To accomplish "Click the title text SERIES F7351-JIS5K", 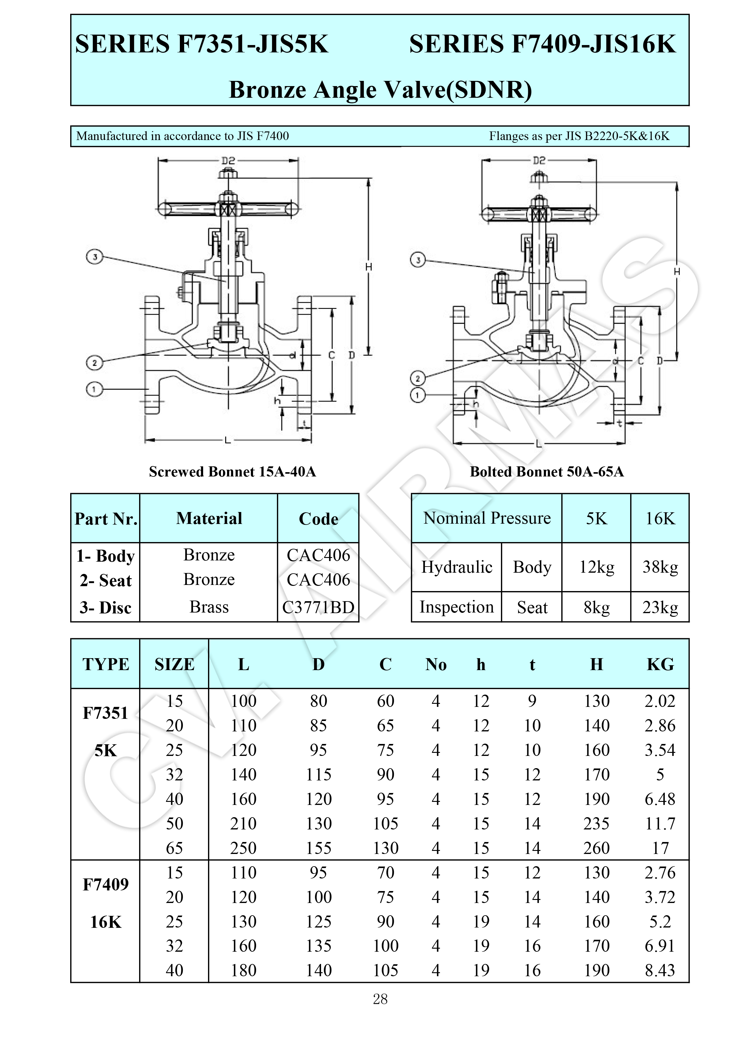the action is tap(202, 44).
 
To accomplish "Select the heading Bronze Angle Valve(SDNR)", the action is tap(381, 89).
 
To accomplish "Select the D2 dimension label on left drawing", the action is tap(228, 160).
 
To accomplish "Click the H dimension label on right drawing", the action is tap(677, 271).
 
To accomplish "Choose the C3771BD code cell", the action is tap(318, 607).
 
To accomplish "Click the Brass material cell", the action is tap(209, 607).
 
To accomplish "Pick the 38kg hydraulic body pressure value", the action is tap(660, 567).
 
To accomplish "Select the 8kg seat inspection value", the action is tap(597, 607).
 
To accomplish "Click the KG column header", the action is tap(660, 664).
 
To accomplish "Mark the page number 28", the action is tap(380, 999).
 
